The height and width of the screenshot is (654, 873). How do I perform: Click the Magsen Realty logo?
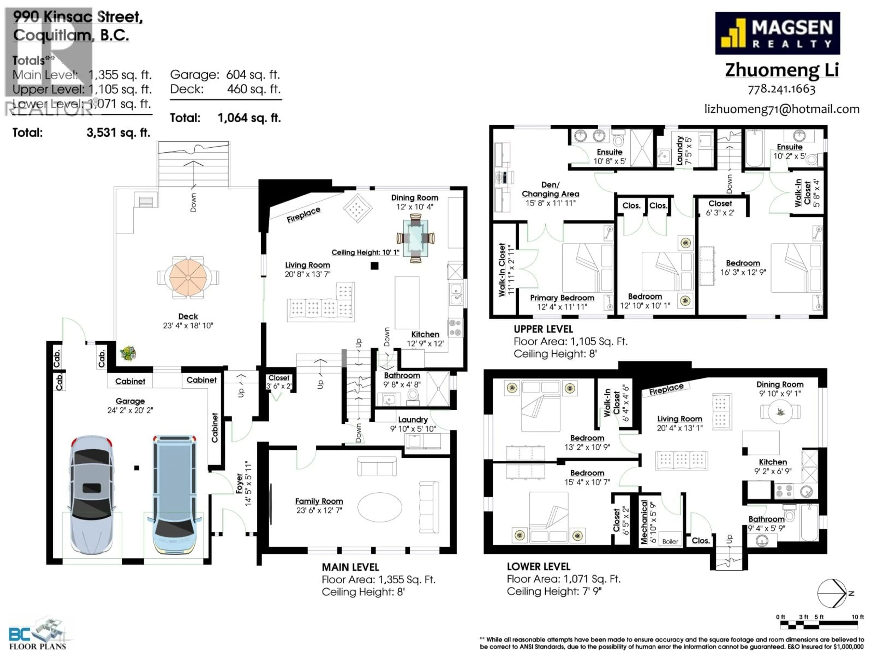[x=777, y=33]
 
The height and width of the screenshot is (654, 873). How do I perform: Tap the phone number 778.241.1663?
[x=781, y=89]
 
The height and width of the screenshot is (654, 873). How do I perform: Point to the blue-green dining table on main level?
[x=415, y=238]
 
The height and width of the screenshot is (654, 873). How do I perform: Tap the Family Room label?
[x=319, y=501]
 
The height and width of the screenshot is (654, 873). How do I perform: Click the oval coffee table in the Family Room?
[x=380, y=507]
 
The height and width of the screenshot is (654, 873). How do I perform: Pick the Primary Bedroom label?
[x=562, y=298]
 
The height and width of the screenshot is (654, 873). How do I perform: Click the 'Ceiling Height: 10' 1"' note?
[x=365, y=252]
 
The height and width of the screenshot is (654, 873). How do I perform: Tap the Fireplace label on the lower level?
[x=666, y=389]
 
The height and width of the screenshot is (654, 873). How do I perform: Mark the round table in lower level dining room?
[x=780, y=411]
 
